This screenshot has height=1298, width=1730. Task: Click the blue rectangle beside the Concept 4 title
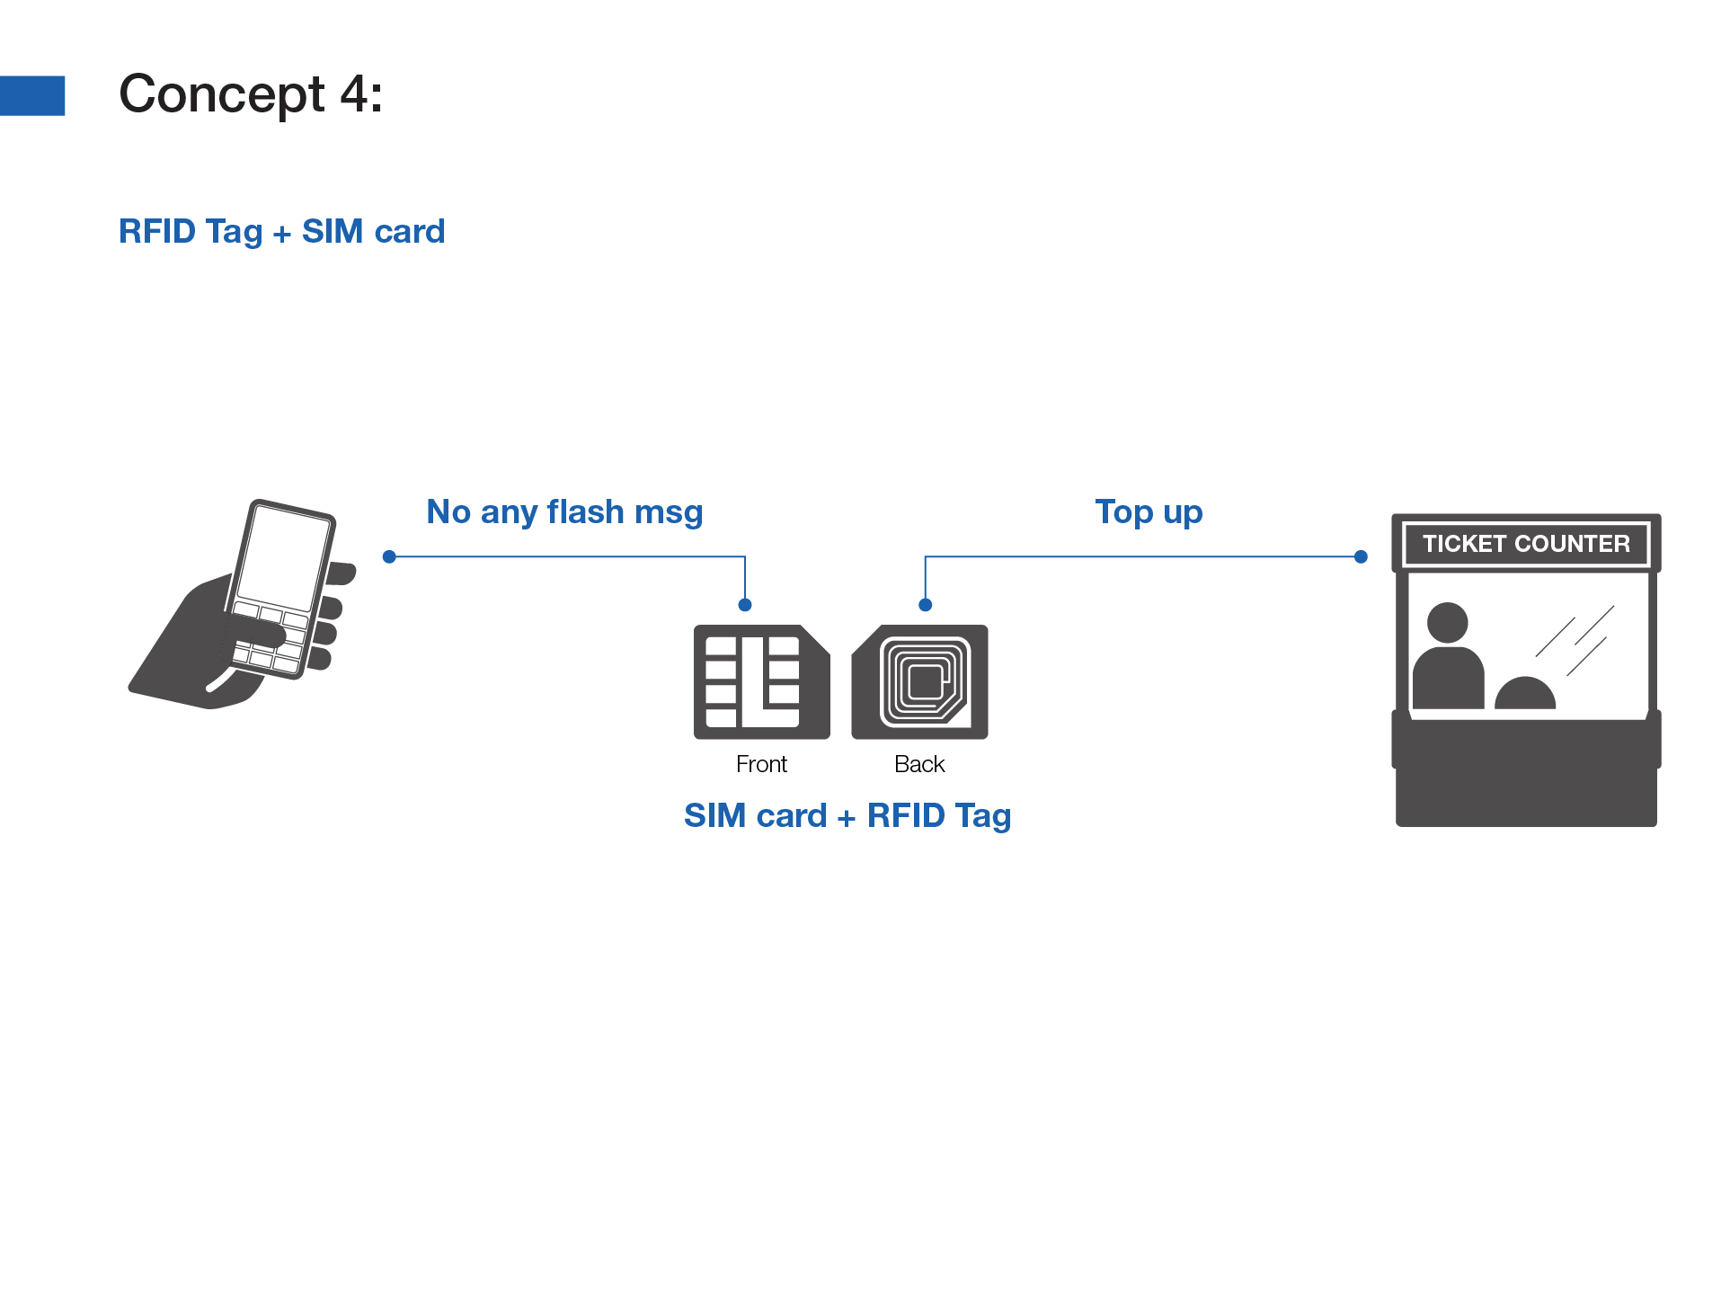pyautogui.click(x=32, y=95)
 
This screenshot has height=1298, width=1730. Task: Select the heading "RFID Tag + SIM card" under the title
pyautogui.click(x=281, y=232)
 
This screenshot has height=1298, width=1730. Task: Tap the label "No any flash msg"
pyautogui.click(x=564, y=511)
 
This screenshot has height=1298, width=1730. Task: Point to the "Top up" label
pyautogui.click(x=1149, y=511)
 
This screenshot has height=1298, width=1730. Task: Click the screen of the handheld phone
pyautogui.click(x=283, y=557)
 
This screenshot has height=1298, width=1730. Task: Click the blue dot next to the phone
pyautogui.click(x=389, y=557)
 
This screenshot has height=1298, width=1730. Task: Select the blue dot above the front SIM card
pyautogui.click(x=745, y=605)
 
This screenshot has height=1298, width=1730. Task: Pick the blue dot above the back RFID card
pyautogui.click(x=926, y=605)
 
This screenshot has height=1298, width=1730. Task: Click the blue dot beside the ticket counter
pyautogui.click(x=1361, y=557)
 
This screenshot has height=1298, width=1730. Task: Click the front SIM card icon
pyautogui.click(x=761, y=682)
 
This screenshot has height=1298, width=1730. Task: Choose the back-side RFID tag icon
pyautogui.click(x=920, y=682)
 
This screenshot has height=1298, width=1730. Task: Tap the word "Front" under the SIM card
pyautogui.click(x=761, y=764)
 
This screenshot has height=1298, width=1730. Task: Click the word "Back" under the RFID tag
pyautogui.click(x=919, y=764)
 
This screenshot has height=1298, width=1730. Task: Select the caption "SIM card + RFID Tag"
pyautogui.click(x=847, y=815)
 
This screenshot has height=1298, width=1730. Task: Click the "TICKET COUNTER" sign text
pyautogui.click(x=1526, y=544)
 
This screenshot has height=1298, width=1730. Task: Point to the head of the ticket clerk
pyautogui.click(x=1447, y=622)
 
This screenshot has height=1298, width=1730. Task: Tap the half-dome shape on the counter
pyautogui.click(x=1525, y=694)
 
